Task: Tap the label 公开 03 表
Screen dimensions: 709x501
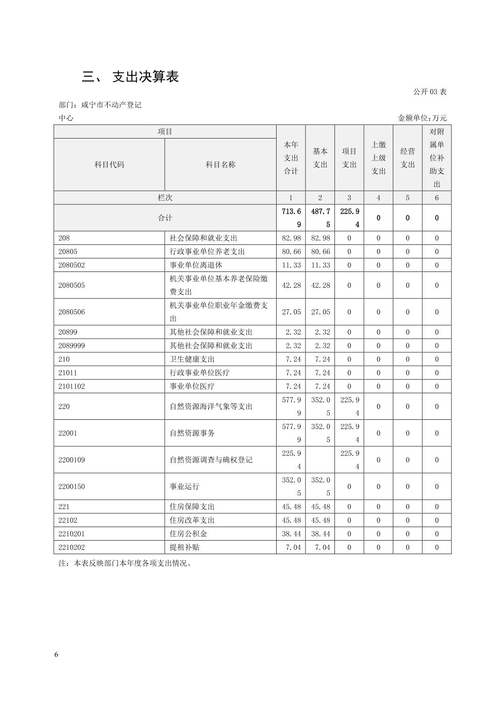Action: pyautogui.click(x=430, y=92)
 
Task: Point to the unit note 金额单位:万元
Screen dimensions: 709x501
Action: pyautogui.click(x=422, y=118)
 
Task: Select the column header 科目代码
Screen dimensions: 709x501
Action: pyautogui.click(x=109, y=165)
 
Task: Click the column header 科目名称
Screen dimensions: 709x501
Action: pyautogui.click(x=220, y=165)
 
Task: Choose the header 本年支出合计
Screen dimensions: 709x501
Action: pyautogui.click(x=291, y=158)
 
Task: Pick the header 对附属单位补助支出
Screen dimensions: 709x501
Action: pyautogui.click(x=437, y=158)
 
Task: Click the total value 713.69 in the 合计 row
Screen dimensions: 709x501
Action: pyautogui.click(x=291, y=218)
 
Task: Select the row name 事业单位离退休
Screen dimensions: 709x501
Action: pyautogui.click(x=196, y=265)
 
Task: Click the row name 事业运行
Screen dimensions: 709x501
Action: pyautogui.click(x=184, y=487)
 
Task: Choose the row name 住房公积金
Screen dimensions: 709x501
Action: pyautogui.click(x=188, y=534)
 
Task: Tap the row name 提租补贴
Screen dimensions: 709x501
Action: pyautogui.click(x=184, y=547)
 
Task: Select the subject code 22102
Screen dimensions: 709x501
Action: pyautogui.click(x=68, y=520)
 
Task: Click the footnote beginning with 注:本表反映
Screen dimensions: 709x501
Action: pyautogui.click(x=125, y=563)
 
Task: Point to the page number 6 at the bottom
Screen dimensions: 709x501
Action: pyautogui.click(x=56, y=654)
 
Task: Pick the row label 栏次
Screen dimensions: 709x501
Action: pyautogui.click(x=165, y=198)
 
